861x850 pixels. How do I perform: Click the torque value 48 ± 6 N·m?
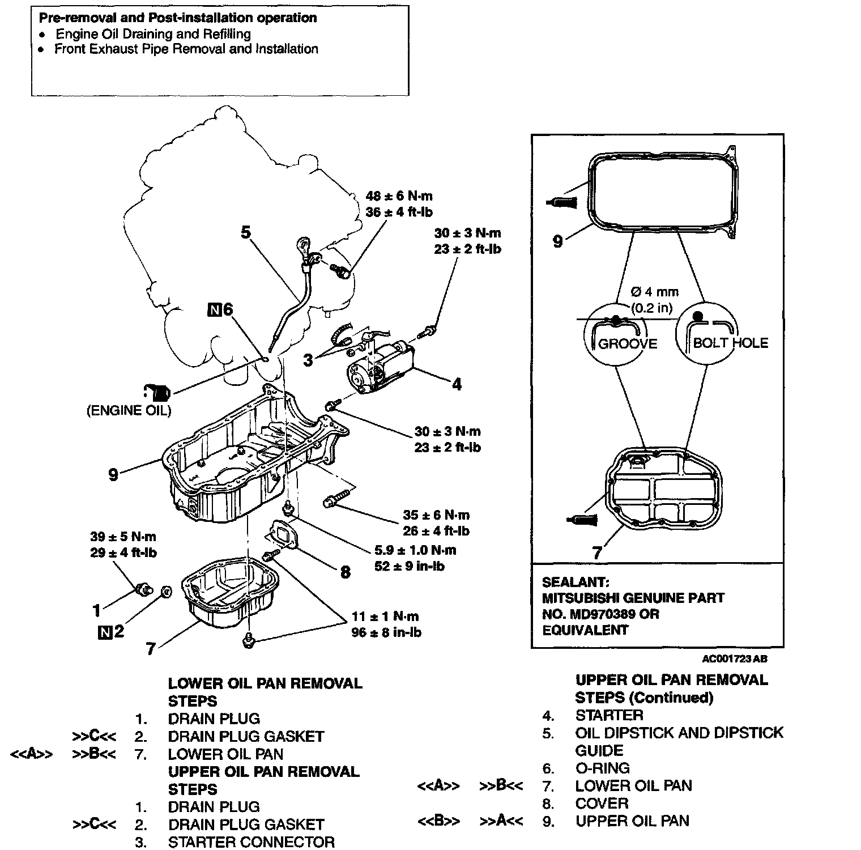pyautogui.click(x=399, y=196)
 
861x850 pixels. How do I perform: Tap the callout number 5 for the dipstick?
pyautogui.click(x=245, y=232)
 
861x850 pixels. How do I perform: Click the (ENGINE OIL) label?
pyautogui.click(x=129, y=411)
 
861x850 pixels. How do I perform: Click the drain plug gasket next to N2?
pyautogui.click(x=167, y=592)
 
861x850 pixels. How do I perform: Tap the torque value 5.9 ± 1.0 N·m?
pyautogui.click(x=415, y=550)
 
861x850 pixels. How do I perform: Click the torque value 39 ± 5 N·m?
pyautogui.click(x=123, y=537)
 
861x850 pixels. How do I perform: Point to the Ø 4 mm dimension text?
pyautogui.click(x=654, y=292)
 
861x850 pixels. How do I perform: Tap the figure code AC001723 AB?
pyautogui.click(x=735, y=659)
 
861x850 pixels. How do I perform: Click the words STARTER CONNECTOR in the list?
pyautogui.click(x=251, y=842)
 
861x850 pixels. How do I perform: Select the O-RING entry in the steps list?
pyautogui.click(x=602, y=768)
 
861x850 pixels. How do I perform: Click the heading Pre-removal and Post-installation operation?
pyautogui.click(x=178, y=18)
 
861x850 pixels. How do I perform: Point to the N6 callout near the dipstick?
pyautogui.click(x=221, y=309)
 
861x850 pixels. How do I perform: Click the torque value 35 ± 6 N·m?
pyautogui.click(x=436, y=515)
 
